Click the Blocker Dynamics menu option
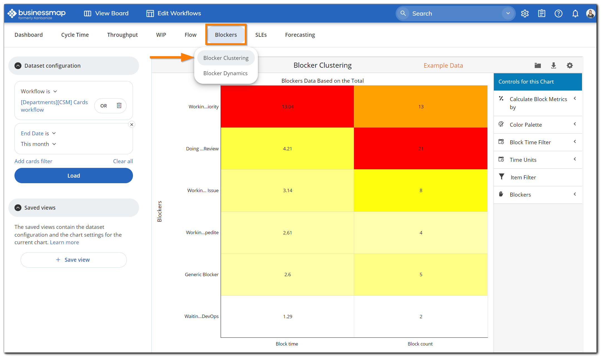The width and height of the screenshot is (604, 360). point(225,73)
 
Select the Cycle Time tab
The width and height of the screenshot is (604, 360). point(75,35)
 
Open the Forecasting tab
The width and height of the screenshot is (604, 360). point(300,35)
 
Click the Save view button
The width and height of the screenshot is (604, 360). point(74,260)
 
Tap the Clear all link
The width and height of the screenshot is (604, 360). point(123,161)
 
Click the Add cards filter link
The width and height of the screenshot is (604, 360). point(33,161)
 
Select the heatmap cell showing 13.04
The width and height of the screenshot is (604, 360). point(287,107)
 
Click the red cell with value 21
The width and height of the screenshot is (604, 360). point(421,149)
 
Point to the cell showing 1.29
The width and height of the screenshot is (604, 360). point(287,317)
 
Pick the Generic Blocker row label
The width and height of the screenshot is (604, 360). point(201,275)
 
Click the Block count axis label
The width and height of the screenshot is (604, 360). point(420,344)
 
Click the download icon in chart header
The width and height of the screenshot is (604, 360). point(553,65)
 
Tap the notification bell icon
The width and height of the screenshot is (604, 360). point(575,13)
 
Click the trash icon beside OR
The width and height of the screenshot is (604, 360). point(119,106)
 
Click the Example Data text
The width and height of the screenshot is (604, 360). point(443,65)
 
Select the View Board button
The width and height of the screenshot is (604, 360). point(106,13)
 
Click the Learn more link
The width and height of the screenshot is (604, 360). point(64,242)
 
